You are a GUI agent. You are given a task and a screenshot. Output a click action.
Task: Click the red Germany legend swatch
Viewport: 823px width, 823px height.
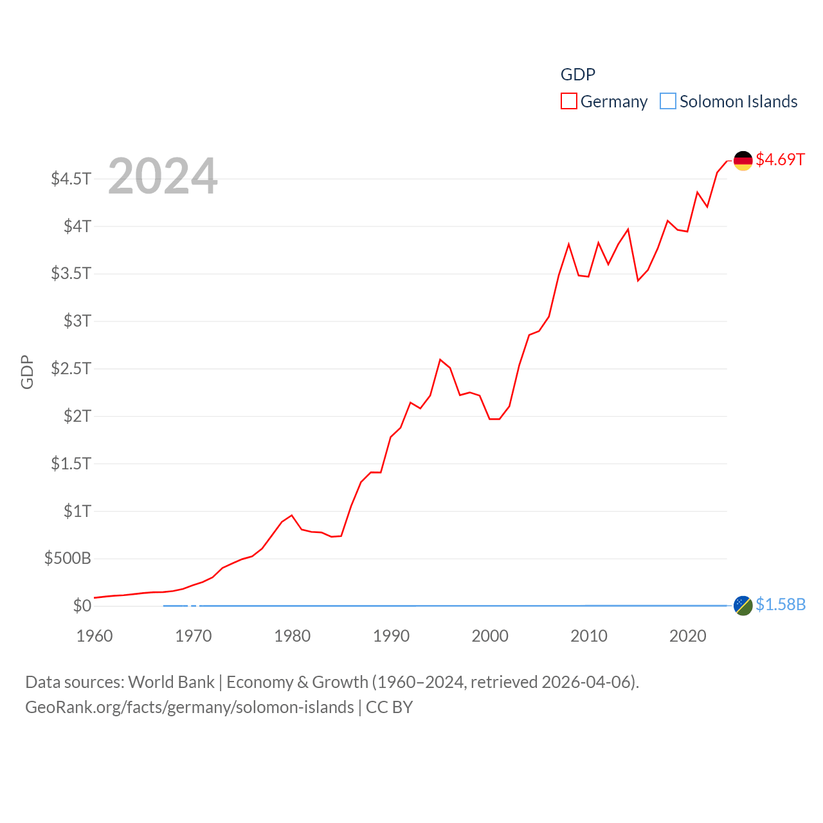[568, 102]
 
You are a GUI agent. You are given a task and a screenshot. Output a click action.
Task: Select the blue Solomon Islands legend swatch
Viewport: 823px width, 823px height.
[668, 102]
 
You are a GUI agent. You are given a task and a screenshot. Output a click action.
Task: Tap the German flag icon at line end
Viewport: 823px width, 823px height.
[743, 161]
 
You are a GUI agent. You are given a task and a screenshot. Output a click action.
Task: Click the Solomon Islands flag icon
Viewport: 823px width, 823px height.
[743, 606]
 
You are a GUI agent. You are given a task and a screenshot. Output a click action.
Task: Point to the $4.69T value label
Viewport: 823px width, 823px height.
[780, 159]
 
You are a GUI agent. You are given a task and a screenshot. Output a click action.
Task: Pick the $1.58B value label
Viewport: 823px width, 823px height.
[780, 605]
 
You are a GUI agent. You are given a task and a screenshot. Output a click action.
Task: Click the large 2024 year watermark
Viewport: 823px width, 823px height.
[163, 176]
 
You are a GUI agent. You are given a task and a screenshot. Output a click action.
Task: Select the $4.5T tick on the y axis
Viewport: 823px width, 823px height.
[71, 179]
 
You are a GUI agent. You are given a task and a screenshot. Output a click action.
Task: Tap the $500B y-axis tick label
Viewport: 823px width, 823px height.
[68, 558]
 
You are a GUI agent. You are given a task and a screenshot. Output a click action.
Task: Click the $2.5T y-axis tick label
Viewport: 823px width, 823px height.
[71, 368]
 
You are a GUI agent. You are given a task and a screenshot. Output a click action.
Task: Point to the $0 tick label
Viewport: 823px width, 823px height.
[82, 606]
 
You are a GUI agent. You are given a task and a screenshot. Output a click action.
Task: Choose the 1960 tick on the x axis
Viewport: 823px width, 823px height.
[95, 636]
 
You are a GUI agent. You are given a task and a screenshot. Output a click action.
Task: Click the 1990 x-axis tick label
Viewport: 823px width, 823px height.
[391, 636]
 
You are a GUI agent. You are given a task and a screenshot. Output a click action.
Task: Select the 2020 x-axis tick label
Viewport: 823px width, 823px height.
[687, 636]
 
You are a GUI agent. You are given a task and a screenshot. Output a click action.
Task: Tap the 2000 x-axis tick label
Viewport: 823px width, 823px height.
[490, 636]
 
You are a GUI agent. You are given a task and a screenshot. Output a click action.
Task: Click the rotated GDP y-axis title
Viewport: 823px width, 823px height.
[27, 372]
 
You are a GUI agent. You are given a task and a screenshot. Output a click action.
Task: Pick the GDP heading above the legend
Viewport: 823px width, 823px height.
[577, 75]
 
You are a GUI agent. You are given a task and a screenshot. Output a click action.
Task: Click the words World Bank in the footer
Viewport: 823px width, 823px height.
[171, 682]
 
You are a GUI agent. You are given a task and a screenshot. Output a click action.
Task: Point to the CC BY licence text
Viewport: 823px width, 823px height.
[389, 707]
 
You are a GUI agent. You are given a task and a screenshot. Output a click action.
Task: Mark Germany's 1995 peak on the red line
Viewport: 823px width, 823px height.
[440, 359]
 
